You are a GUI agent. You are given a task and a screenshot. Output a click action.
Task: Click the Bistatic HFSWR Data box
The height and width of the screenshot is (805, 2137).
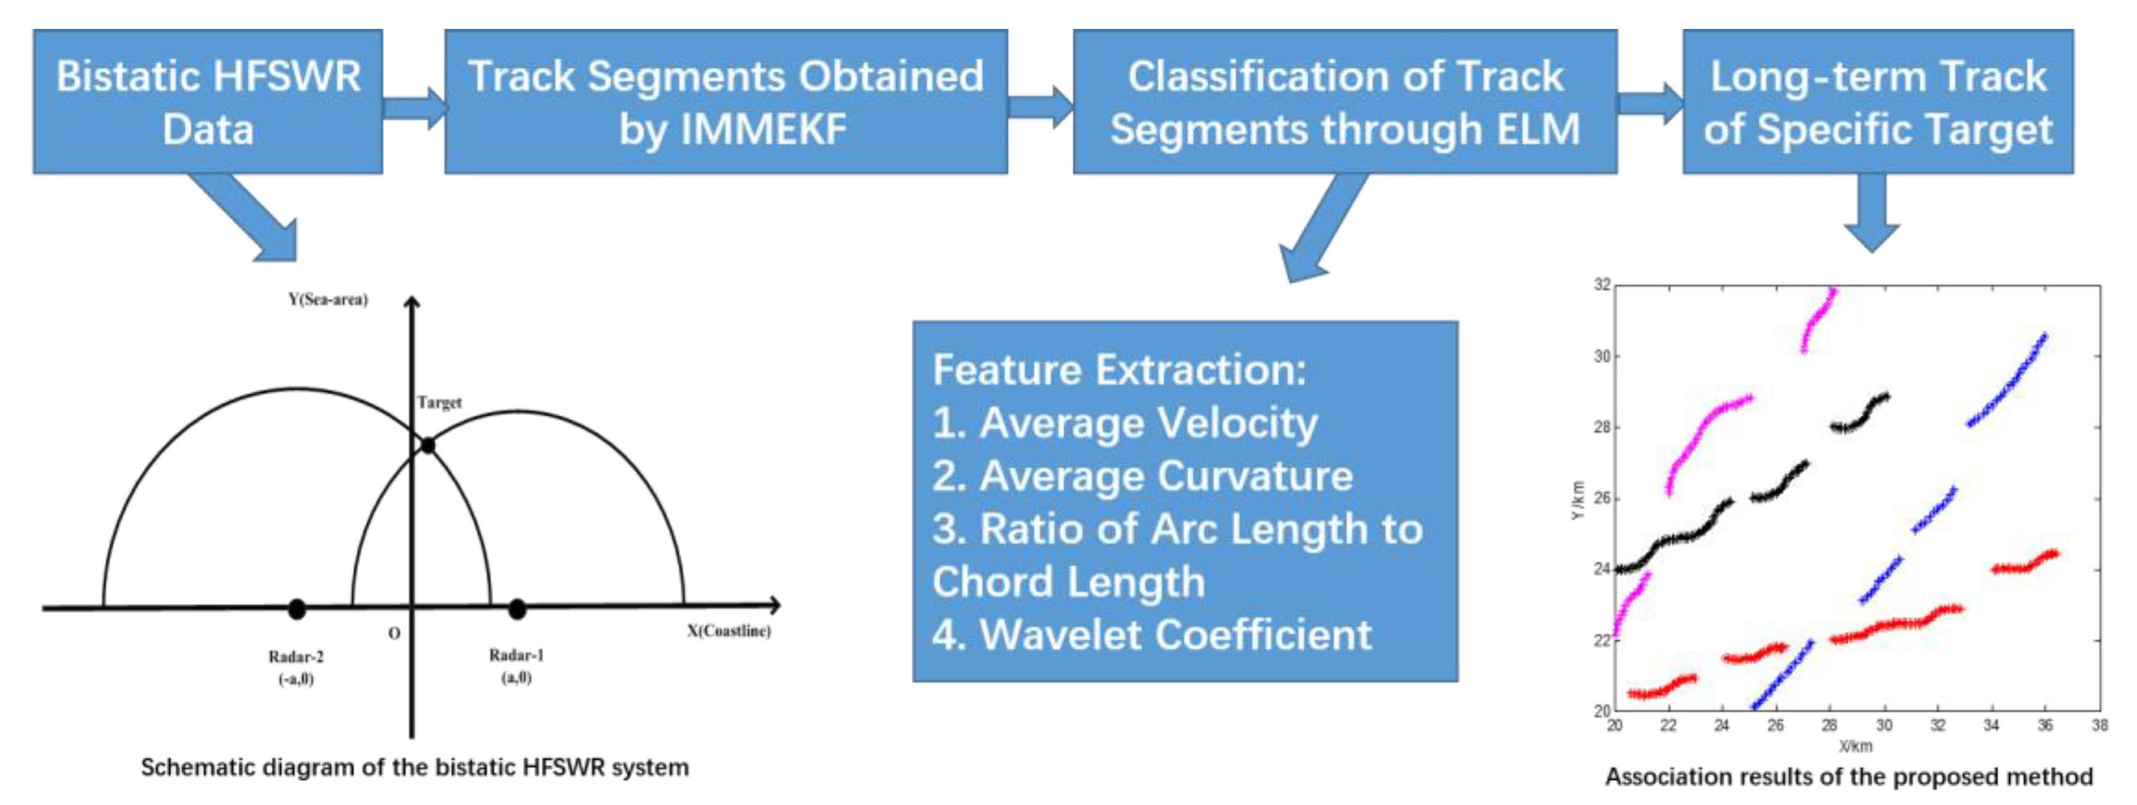pos(208,101)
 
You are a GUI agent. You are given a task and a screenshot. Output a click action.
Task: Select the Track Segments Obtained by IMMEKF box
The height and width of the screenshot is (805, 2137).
pos(726,101)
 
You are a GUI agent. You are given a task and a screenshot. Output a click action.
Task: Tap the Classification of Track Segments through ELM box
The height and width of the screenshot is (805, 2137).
pos(1345,101)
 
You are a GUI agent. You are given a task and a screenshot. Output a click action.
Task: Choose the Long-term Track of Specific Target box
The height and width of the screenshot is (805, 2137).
pos(1878,101)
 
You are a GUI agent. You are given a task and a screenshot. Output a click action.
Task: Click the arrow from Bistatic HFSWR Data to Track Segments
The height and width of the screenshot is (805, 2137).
pos(415,108)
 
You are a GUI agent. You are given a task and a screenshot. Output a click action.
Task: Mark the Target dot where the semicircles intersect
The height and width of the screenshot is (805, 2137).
pos(428,445)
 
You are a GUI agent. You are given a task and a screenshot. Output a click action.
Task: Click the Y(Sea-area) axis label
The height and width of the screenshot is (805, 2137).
pos(328,299)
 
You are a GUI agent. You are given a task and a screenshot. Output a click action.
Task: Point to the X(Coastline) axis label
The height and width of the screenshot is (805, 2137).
pos(728,631)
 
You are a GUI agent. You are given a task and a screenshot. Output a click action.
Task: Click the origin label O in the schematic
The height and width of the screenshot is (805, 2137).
pos(394,633)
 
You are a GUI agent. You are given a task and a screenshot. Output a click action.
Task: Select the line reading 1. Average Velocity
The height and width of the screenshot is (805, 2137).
pos(1125,423)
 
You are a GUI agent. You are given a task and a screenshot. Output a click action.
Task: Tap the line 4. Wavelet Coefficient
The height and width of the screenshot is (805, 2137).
pos(1151,635)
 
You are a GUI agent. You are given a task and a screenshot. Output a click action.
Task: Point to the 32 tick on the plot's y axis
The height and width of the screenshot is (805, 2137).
pos(1602,285)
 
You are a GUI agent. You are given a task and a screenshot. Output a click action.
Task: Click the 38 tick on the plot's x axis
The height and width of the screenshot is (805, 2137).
pos(2099,726)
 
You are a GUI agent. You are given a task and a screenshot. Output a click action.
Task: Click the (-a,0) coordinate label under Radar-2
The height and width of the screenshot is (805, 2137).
pos(296,679)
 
